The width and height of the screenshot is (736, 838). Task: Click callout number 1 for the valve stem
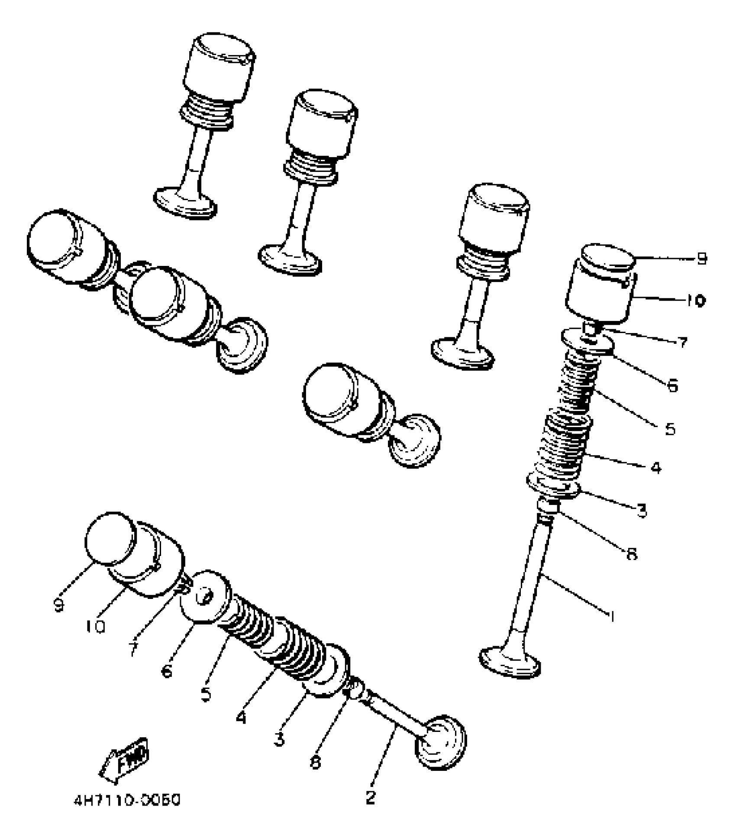(611, 615)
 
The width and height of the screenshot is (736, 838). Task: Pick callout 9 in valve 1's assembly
(701, 259)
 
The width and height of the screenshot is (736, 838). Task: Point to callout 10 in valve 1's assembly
(695, 301)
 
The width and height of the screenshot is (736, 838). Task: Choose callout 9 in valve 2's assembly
(59, 605)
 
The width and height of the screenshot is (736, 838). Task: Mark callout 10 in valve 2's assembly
(96, 626)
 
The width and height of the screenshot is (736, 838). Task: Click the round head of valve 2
(442, 741)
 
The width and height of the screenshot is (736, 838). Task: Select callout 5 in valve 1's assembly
(670, 429)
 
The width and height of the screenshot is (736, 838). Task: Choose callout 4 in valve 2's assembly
(241, 718)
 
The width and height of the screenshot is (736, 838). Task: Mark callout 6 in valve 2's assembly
(167, 671)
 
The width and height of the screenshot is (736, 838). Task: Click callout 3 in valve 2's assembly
(279, 739)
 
